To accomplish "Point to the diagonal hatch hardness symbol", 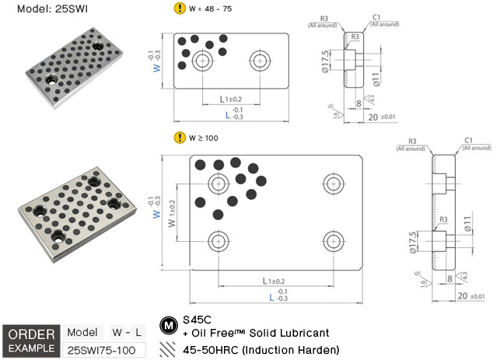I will [166, 350].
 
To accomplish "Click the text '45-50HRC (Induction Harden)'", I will [260, 350].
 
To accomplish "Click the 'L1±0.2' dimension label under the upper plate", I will [231, 99].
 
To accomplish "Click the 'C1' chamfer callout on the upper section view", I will [376, 16].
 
